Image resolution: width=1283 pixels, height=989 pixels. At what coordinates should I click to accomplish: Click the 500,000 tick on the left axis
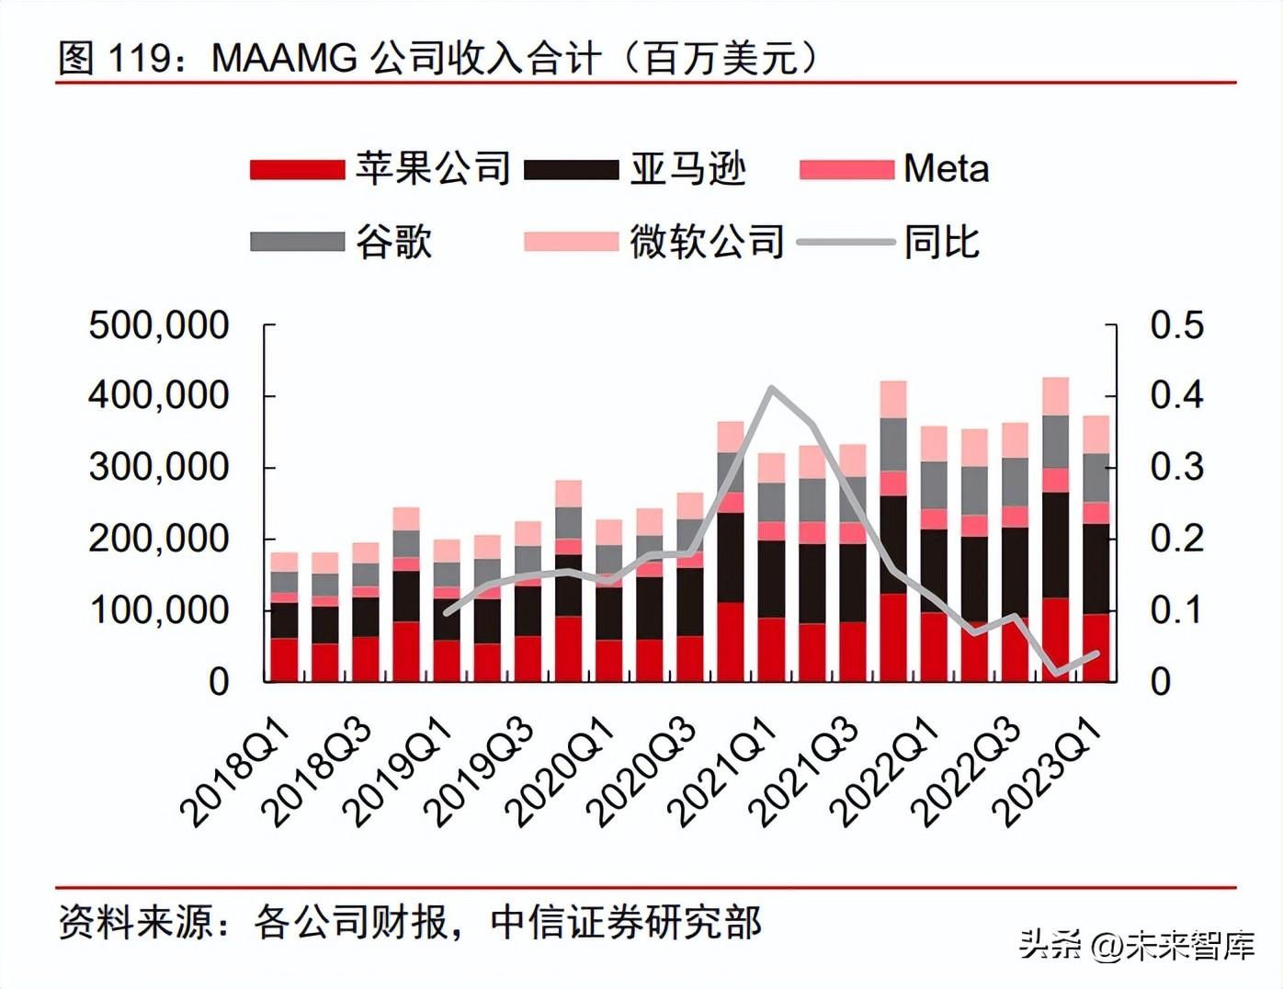tap(158, 325)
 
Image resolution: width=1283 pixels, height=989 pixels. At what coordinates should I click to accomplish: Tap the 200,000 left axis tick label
tap(158, 539)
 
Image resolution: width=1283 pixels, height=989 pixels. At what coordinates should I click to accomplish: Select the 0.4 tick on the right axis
tap(1176, 395)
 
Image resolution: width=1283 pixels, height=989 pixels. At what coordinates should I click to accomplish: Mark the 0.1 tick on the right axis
tap(1176, 609)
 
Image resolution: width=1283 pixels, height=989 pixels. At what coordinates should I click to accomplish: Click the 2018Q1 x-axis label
tap(235, 772)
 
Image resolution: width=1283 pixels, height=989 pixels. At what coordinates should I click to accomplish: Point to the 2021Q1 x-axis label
tap(722, 772)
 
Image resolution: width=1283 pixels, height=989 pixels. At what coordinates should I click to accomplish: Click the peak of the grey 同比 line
tap(771, 388)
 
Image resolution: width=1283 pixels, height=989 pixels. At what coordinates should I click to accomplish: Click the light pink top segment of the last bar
tap(1096, 434)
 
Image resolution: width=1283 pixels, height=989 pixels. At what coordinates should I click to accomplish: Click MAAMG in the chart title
tap(284, 59)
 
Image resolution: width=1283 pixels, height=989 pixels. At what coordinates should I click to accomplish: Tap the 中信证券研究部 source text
tap(626, 922)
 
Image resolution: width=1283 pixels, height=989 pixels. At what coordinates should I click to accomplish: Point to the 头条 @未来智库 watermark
tap(1136, 945)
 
